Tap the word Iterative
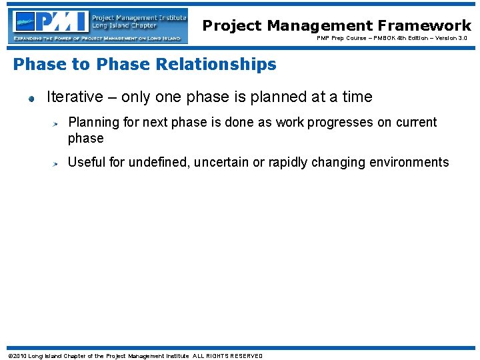point(74,97)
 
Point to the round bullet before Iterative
point(31,99)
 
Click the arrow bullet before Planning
point(57,124)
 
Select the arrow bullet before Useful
point(57,163)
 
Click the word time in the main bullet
point(357,97)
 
